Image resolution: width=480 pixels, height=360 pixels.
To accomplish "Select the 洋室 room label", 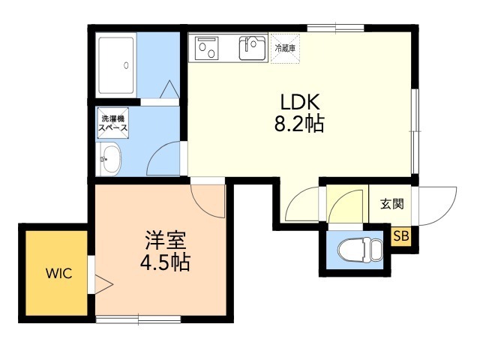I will tap(164, 242).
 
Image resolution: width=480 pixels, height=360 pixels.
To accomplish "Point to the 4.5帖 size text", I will tap(164, 263).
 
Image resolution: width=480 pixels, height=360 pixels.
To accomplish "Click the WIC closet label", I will tap(58, 273).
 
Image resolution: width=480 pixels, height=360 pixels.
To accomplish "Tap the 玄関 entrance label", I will tap(391, 203).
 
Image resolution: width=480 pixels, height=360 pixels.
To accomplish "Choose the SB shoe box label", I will tap(402, 236).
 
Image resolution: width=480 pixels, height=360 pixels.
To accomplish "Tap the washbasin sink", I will tap(110, 160).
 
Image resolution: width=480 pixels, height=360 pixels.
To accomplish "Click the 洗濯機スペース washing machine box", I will tap(112, 124).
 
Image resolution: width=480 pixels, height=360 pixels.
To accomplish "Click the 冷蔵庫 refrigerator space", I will tap(286, 48).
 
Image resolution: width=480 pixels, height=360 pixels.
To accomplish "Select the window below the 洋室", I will tap(139, 320).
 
